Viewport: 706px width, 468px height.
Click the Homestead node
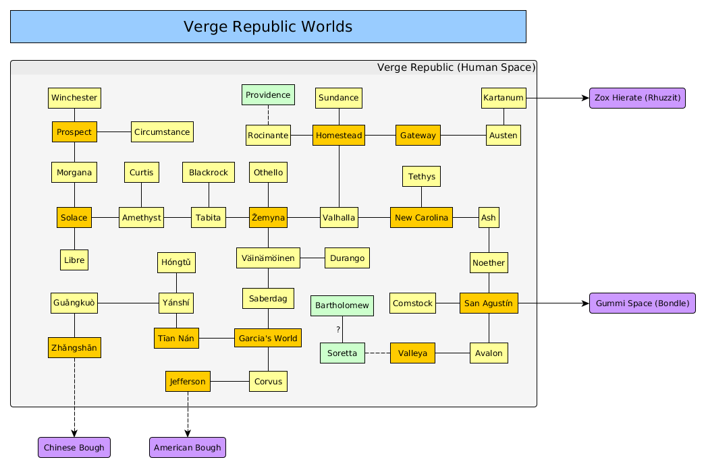tap(339, 135)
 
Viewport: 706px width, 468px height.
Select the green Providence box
tap(268, 95)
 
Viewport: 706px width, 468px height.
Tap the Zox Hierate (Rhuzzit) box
tap(637, 98)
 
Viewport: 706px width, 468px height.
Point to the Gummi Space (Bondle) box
tap(642, 303)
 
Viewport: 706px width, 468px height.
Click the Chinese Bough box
tap(74, 447)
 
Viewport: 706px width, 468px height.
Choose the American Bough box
tap(187, 447)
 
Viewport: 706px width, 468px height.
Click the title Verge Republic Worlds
tap(268, 27)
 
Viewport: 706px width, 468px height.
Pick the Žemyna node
tap(268, 217)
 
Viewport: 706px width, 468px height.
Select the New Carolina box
tap(421, 217)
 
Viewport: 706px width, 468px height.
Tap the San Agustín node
tap(489, 303)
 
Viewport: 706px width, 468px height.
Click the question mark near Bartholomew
tap(338, 330)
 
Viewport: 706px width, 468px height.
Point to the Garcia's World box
tap(268, 338)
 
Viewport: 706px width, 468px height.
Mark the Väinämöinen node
tap(268, 258)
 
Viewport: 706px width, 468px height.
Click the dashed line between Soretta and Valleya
tap(377, 353)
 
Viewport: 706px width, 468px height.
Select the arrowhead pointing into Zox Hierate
tap(585, 98)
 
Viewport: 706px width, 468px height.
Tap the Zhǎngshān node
tap(74, 348)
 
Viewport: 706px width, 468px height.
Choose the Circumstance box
tap(162, 132)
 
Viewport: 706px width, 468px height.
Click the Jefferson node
tap(188, 381)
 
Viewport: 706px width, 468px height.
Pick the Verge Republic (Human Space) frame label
tap(456, 67)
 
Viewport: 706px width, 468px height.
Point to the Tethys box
tap(421, 177)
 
